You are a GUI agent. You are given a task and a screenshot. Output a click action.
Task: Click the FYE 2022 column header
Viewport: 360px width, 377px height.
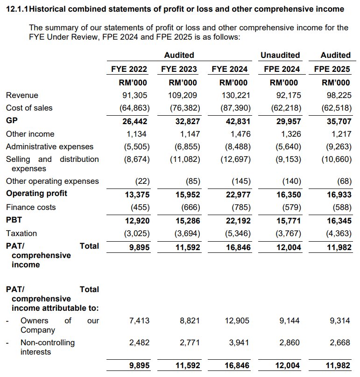[x=129, y=69]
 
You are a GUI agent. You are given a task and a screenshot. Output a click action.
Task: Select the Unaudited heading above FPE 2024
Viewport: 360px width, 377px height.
[x=280, y=55]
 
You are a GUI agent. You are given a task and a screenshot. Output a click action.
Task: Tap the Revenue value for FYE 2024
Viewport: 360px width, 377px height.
[x=234, y=95]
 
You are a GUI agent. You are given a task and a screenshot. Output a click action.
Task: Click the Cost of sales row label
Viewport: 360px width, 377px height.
[x=29, y=108]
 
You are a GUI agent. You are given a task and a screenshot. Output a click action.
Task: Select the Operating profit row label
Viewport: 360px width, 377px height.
[x=36, y=193]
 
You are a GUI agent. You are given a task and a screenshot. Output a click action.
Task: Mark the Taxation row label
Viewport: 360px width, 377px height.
[x=21, y=233]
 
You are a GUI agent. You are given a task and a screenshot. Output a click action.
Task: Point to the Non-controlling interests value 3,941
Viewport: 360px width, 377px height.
[x=239, y=342]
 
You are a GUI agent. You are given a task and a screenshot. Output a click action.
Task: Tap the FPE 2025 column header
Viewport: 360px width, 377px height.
[x=332, y=69]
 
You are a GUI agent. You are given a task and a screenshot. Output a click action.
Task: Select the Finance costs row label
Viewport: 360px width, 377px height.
[x=30, y=207]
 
